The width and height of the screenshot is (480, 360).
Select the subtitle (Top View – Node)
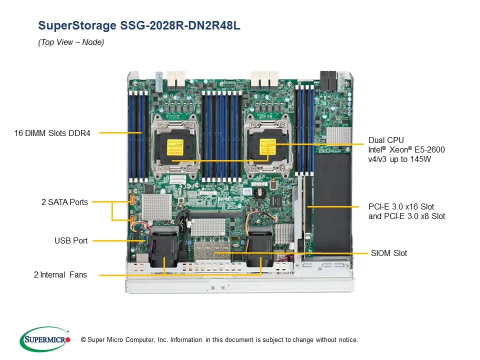click(71, 42)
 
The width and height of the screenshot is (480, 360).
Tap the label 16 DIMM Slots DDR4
click(52, 133)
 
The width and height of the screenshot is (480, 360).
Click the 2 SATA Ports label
click(64, 202)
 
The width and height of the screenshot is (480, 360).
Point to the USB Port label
click(71, 240)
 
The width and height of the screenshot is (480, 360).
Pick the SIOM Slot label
click(389, 253)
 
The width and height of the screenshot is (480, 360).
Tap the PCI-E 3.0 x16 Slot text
click(401, 206)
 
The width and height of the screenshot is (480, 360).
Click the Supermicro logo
click(44, 339)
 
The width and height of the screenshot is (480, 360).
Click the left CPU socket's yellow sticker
click(172, 145)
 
